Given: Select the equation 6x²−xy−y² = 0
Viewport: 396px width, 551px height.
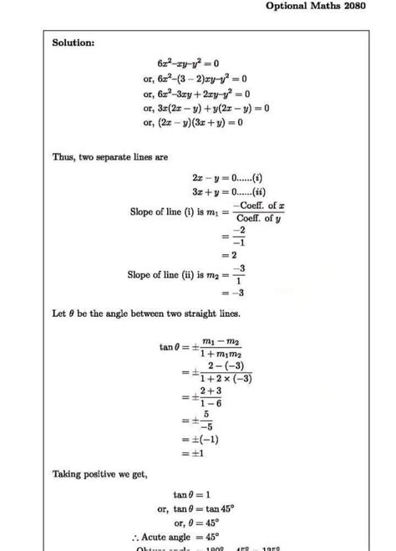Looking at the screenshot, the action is click(198, 64).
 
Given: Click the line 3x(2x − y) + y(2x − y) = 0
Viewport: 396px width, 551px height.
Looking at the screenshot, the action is click(206, 108).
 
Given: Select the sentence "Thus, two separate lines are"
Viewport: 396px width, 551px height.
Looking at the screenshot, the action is click(104, 158).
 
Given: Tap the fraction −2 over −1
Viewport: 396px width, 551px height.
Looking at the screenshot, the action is click(238, 236).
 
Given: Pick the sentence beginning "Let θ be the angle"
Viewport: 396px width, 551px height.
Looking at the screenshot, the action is click(146, 314).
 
